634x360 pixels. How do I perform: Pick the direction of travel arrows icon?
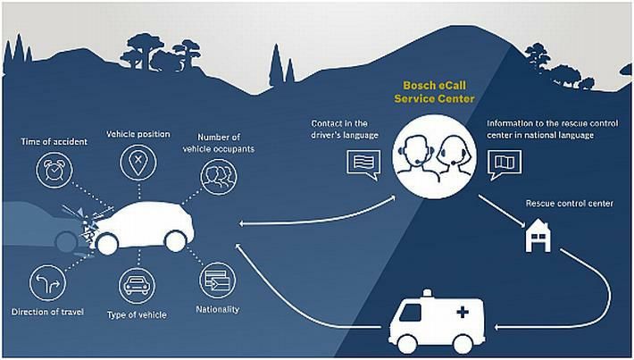[48, 284]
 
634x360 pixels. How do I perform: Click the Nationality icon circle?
[217, 280]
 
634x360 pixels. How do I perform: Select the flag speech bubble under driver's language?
[363, 163]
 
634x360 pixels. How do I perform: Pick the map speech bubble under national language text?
[505, 164]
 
